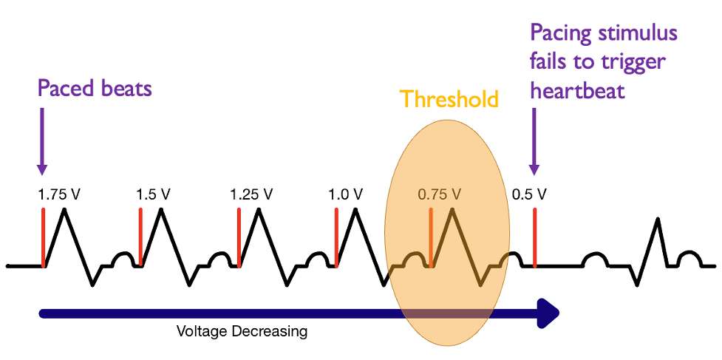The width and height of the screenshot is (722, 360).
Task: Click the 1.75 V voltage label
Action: (59, 195)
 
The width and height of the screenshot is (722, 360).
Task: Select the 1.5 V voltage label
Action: (153, 195)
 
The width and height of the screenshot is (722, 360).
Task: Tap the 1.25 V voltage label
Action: (252, 195)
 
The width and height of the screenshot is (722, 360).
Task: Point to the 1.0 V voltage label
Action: (345, 195)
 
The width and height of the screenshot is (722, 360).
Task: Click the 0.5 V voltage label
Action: (529, 195)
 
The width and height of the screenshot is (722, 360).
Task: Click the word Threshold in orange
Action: (449, 99)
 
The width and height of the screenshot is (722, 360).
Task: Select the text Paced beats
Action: (95, 89)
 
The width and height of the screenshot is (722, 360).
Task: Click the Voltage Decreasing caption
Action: (242, 331)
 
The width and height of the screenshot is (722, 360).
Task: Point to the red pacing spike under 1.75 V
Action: (44, 237)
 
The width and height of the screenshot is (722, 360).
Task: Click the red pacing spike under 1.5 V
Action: (140, 237)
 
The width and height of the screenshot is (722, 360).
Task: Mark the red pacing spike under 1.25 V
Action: (239, 237)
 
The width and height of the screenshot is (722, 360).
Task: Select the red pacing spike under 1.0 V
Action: (336, 237)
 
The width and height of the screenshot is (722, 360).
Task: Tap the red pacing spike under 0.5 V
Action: (534, 237)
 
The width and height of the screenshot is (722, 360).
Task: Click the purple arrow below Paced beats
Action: (41, 140)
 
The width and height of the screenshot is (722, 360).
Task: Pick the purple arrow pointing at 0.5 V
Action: (534, 140)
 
